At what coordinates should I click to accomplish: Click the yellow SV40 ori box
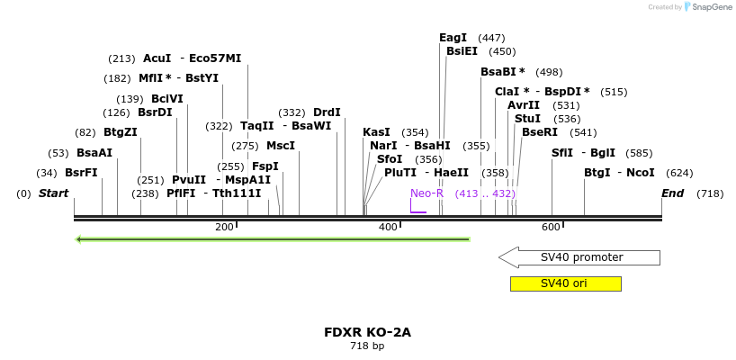click(565, 283)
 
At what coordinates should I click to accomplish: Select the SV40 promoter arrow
click(579, 257)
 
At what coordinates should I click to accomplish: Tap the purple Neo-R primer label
click(426, 193)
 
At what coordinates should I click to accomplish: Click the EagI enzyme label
click(453, 38)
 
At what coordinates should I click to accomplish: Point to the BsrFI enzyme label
click(81, 173)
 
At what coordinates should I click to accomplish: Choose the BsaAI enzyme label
click(94, 153)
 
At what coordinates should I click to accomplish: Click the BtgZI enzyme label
click(121, 132)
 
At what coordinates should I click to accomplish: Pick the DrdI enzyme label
click(327, 112)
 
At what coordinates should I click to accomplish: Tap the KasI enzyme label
click(376, 132)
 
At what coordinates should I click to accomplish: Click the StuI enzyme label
click(527, 119)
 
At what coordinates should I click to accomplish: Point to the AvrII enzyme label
click(524, 105)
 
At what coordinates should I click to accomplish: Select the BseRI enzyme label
click(540, 132)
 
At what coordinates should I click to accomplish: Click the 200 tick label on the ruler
click(224, 228)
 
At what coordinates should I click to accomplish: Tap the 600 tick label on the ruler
click(551, 228)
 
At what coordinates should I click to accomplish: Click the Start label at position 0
click(53, 193)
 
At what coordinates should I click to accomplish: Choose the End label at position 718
click(672, 193)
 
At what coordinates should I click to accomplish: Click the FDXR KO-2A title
click(367, 332)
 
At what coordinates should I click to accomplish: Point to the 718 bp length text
click(367, 346)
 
